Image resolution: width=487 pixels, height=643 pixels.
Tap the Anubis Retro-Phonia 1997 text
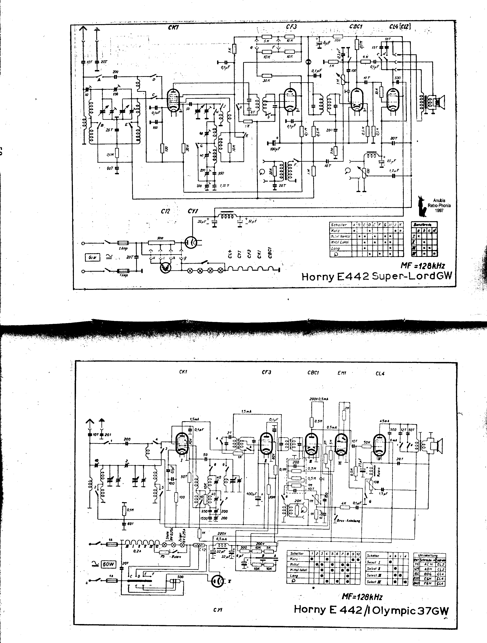[x=439, y=205]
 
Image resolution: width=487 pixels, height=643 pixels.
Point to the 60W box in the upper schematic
[x=92, y=257]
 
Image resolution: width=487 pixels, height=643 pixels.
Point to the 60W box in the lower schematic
[x=108, y=564]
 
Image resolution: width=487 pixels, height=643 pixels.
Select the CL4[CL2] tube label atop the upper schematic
[x=400, y=27]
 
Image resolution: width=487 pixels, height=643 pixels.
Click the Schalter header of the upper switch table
[x=339, y=225]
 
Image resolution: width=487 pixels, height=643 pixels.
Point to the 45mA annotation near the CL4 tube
[x=384, y=421]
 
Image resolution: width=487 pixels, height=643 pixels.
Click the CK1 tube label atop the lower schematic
[x=183, y=372]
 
